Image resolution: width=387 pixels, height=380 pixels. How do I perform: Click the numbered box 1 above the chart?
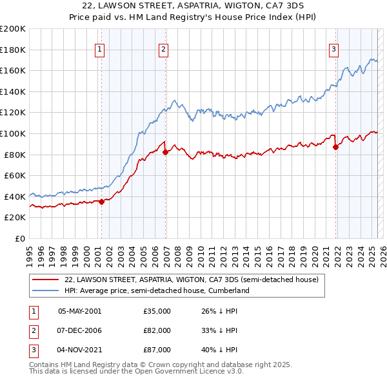[101, 49]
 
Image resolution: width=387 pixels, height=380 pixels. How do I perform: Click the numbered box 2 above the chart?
[164, 49]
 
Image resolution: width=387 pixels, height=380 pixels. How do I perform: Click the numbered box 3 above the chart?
[334, 49]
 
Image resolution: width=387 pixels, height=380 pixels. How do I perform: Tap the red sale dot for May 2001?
[101, 202]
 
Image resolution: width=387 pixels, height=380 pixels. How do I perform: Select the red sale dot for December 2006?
[166, 152]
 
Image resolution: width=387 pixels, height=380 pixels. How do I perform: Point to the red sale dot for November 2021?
[336, 147]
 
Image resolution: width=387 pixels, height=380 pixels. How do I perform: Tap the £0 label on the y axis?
[19, 238]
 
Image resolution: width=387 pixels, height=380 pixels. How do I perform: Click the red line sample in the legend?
[46, 280]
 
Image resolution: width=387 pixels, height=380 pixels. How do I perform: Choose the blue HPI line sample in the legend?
[46, 290]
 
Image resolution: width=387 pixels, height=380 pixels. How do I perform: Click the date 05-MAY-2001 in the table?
[80, 311]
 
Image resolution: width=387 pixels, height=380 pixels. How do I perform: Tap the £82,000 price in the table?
[157, 330]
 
